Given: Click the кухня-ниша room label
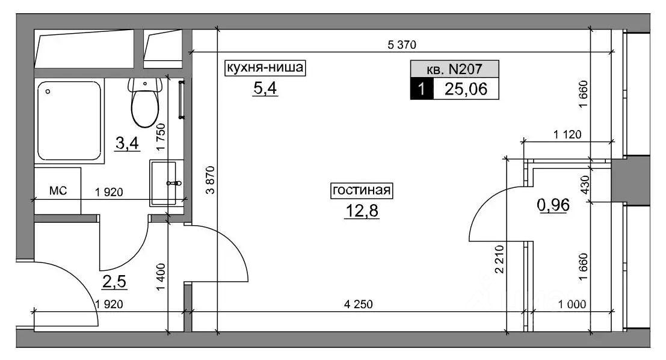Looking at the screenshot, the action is [265, 67].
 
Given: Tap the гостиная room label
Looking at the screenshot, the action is [362, 190].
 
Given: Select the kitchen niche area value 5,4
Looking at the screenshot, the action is [265, 88].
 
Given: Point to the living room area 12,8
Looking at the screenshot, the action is [362, 210].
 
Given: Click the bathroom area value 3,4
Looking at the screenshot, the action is [127, 143].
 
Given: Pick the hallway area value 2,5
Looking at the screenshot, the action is [114, 281].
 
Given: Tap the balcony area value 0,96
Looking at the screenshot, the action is [553, 205].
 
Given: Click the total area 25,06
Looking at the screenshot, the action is [466, 89].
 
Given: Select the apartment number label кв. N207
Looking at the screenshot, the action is [454, 69].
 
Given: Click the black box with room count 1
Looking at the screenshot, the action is [422, 89].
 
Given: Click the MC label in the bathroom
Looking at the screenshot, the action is [58, 190].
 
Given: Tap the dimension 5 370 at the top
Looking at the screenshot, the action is [402, 44].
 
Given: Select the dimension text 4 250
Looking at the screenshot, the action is [358, 304].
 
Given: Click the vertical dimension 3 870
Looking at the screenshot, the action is [210, 180].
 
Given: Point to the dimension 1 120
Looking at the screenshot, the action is [567, 135].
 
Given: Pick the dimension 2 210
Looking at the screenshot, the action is [499, 259].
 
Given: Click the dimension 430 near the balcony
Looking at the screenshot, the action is [585, 185].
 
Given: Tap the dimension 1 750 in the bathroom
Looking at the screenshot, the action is [160, 137].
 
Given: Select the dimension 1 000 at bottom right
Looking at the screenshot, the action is [572, 304].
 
